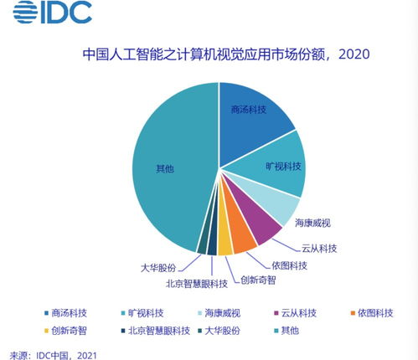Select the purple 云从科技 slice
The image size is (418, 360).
pos(263,228)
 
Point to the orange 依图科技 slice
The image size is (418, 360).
pos(244,239)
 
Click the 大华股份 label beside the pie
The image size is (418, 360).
pos(158,269)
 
